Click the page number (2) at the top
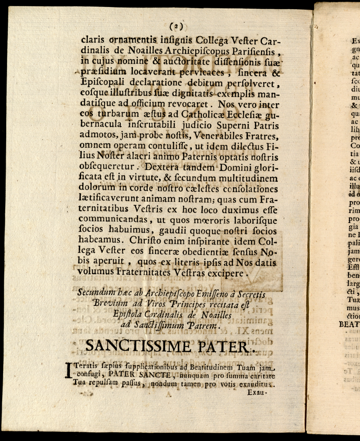click(x=177, y=26)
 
